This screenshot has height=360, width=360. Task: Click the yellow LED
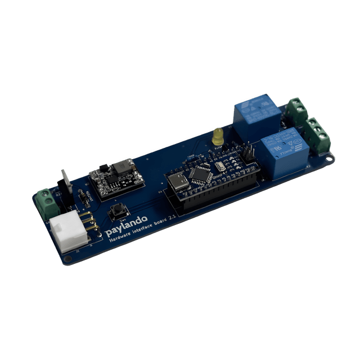coord(218,136)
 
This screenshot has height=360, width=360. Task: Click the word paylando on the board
coord(127,224)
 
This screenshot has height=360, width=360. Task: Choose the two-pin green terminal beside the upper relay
coord(296,110)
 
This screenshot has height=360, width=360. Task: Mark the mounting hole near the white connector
coord(68,259)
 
